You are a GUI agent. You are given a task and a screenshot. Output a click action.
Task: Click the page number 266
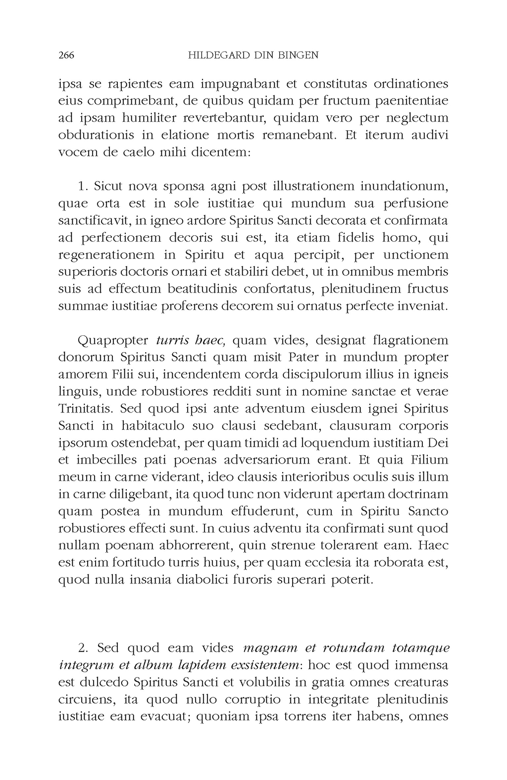[66, 55]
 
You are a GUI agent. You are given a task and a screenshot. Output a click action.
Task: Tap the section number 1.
[83, 187]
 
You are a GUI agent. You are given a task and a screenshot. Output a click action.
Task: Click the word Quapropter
[113, 341]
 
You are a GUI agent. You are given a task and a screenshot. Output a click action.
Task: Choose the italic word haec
[211, 341]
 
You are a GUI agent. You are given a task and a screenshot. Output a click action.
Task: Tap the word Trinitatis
[87, 409]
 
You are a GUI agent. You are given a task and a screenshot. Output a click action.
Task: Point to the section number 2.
[83, 648]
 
